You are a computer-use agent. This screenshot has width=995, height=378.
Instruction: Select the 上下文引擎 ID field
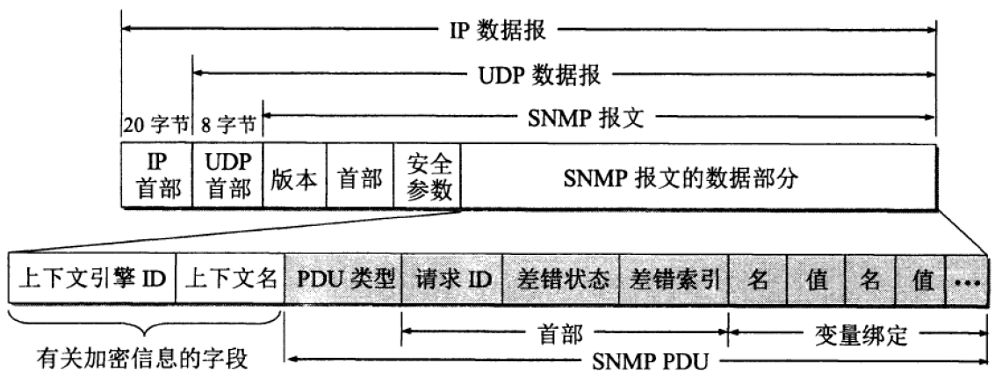coord(92,279)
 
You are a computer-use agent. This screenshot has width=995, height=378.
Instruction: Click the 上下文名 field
coord(230,279)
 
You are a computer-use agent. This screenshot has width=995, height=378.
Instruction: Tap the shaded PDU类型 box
coord(343,279)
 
